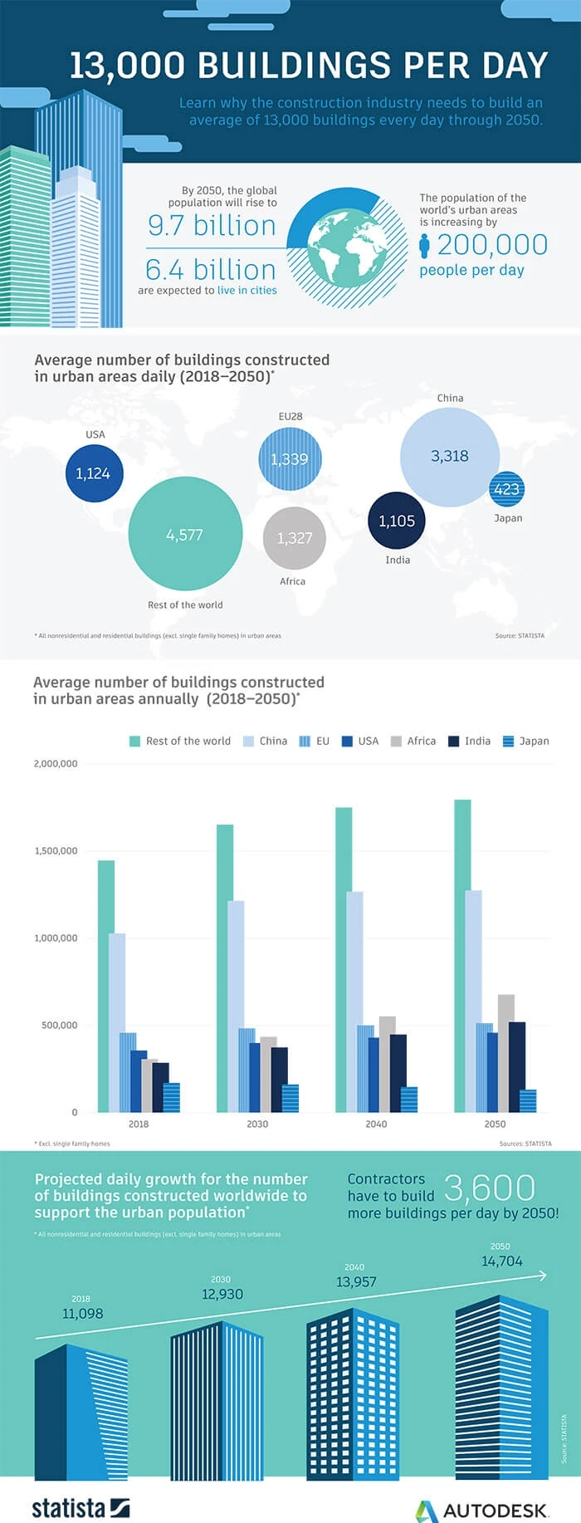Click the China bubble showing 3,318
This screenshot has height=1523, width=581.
pos(450,457)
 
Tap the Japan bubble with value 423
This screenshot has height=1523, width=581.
pos(506,489)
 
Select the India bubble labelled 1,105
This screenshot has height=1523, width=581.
pos(397,521)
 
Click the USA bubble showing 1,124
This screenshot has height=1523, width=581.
pos(94,473)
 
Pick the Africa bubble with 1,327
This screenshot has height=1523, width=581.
pos(294,538)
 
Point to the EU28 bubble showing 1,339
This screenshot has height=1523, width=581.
pos(289,459)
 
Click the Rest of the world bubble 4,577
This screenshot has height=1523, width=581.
pos(185,534)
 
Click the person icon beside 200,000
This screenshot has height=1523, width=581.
pos(424,246)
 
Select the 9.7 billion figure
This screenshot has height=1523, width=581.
pos(212,226)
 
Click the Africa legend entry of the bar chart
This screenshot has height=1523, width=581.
pos(413,741)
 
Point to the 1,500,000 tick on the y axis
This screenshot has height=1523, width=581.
pos(56,850)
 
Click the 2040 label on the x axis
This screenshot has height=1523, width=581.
pos(376,1124)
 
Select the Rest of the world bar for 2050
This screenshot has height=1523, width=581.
pos(462,955)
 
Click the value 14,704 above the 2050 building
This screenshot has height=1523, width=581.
pos(502,1261)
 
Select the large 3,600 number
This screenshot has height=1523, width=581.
pos(490,1188)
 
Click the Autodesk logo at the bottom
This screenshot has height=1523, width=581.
pos(481,1509)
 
